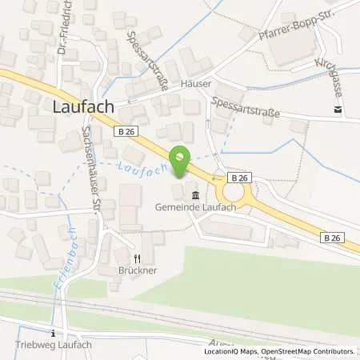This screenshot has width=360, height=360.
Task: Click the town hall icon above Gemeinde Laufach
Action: pyautogui.click(x=195, y=195)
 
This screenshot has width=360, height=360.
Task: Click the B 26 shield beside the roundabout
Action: pyautogui.click(x=239, y=176)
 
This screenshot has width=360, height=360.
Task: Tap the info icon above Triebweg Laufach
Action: pyautogui.click(x=53, y=333)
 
